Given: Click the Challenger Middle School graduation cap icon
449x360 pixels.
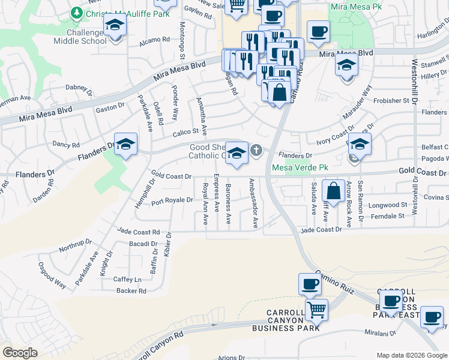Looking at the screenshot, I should pos(113,27).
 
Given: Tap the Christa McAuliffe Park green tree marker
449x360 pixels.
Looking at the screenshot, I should pos(76,13).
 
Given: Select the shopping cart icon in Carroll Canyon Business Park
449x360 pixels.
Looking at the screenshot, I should pos(316,310).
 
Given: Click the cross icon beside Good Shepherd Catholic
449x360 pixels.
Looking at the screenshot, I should pos(256,150).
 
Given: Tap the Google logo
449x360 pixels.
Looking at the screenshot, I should pos(20,353).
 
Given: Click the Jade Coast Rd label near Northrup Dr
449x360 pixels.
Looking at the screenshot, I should pos(139,232).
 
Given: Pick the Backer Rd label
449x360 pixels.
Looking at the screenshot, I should pos(132,291).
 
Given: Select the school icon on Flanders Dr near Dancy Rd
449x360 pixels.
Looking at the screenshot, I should pos(125,145).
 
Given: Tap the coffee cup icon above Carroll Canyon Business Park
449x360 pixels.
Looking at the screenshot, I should pos(310,284).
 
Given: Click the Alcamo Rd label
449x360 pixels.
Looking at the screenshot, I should pos(155,40).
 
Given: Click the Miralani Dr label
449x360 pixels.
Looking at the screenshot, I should pos(379,332).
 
